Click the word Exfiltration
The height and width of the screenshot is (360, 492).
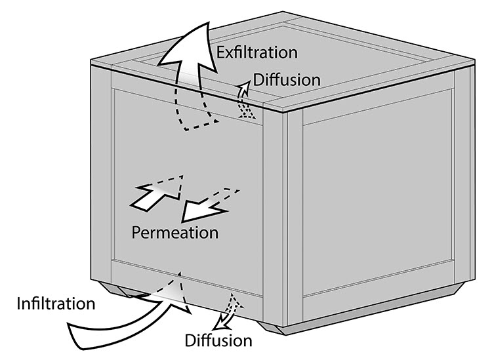[257, 52]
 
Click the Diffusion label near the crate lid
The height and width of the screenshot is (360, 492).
[287, 80]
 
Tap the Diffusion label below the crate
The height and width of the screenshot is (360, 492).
[218, 340]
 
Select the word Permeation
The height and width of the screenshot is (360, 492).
[174, 233]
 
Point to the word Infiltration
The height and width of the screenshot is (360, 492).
[56, 304]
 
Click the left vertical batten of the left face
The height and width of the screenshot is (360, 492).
[101, 174]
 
